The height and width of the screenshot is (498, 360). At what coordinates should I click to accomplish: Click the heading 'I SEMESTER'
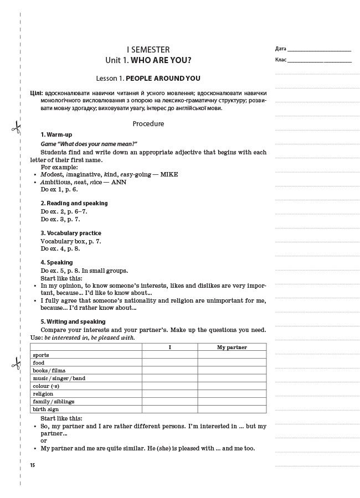click(148, 49)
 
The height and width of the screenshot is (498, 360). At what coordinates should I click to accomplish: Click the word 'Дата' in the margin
click(280, 49)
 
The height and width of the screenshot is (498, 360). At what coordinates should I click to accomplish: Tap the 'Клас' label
click(280, 59)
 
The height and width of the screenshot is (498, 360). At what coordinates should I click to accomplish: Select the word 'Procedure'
click(148, 124)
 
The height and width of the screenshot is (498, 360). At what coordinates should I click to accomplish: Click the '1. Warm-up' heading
click(56, 134)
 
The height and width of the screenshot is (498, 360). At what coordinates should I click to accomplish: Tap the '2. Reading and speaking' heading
click(74, 203)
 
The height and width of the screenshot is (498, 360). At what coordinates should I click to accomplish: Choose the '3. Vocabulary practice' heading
click(71, 233)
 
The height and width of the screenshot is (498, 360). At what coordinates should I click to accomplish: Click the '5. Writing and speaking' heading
click(73, 321)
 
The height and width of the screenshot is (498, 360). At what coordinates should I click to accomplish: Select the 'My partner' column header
click(232, 347)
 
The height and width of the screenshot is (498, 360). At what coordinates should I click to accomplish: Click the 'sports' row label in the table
click(41, 355)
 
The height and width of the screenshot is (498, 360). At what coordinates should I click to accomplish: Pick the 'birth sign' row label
click(45, 409)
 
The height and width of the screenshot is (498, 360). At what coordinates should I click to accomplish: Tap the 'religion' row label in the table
click(43, 393)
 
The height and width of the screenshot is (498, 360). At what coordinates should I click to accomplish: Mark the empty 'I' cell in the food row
click(169, 362)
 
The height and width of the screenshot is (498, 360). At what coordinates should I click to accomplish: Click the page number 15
click(33, 465)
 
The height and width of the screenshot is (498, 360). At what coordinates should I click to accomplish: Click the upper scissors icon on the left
click(16, 128)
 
